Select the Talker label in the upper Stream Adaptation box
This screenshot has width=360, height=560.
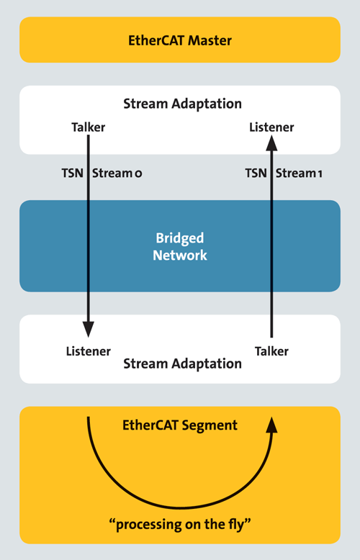88,127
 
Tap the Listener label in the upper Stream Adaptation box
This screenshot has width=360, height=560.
271,127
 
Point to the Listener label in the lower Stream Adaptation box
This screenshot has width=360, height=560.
88,351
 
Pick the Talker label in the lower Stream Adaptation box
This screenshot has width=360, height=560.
271,351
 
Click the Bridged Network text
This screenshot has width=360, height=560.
180,246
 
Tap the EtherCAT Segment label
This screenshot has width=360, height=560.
180,425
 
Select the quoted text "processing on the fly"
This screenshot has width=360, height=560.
180,524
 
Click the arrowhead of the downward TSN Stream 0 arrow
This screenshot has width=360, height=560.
88,329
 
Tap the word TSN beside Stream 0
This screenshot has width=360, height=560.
73,173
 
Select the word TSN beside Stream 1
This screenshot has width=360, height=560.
256,173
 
